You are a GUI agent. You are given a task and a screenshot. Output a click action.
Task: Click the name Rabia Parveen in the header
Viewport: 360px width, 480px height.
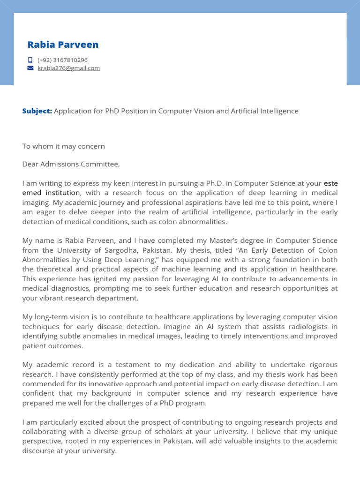pyautogui.click(x=63, y=45)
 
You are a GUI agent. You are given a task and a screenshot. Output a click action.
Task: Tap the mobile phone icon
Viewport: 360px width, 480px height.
pyautogui.click(x=30, y=60)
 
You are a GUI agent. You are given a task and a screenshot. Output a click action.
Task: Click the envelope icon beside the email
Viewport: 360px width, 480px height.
pyautogui.click(x=30, y=68)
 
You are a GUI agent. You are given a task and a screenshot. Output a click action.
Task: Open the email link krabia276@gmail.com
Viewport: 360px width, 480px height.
pyautogui.click(x=68, y=68)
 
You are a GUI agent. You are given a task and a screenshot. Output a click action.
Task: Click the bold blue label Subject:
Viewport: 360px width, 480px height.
pyautogui.click(x=37, y=111)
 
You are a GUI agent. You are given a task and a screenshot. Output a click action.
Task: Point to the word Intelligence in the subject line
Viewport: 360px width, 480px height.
pyautogui.click(x=277, y=111)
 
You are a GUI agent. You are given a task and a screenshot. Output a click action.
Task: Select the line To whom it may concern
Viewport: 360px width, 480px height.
pyautogui.click(x=63, y=146)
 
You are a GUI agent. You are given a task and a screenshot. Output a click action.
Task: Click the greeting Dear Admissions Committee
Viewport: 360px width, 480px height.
pyautogui.click(x=71, y=164)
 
